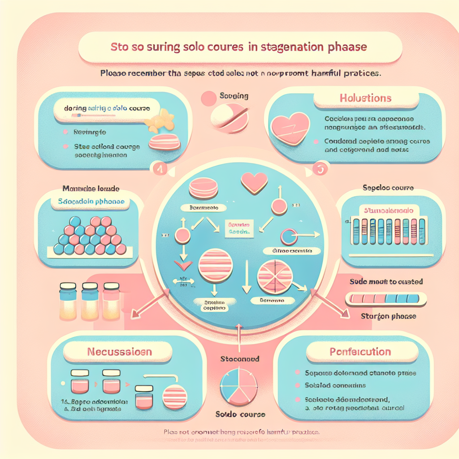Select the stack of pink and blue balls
coord(90,236)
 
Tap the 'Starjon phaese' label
coord(388,316)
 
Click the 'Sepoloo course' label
coord(388,188)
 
